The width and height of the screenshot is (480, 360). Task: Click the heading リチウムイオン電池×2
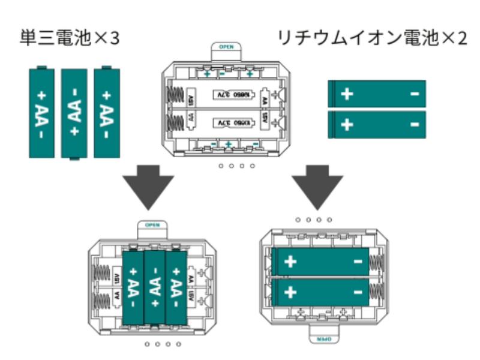[x=371, y=39]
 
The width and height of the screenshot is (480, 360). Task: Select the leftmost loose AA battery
[x=42, y=113]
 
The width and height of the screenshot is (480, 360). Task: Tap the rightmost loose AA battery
[x=107, y=113]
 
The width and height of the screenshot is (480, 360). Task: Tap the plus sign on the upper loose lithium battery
[x=347, y=94]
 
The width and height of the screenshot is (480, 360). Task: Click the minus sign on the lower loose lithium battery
[x=415, y=124]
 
